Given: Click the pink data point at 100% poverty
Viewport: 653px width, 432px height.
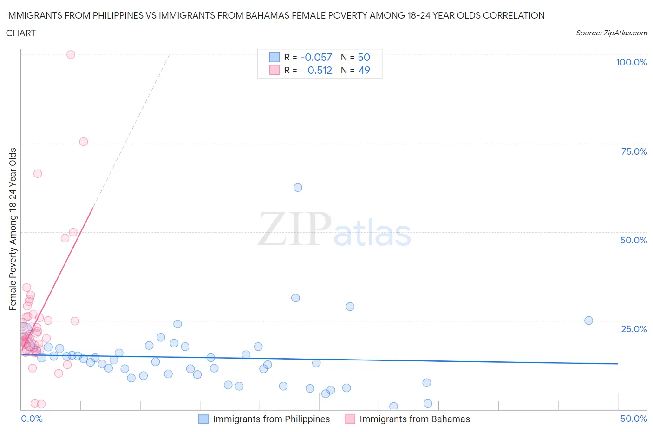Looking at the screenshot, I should click(71, 54).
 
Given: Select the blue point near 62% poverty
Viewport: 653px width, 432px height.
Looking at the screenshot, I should click(298, 188).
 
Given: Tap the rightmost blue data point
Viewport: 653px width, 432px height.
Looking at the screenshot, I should click(588, 321).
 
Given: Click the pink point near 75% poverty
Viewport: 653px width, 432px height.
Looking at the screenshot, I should click(84, 142).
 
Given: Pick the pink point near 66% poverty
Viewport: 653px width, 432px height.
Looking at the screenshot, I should click(38, 174).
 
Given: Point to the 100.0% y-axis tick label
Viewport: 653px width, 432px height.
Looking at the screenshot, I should click(631, 62).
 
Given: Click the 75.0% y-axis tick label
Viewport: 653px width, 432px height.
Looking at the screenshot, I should click(634, 151).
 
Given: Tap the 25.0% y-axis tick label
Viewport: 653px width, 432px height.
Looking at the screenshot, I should click(634, 329).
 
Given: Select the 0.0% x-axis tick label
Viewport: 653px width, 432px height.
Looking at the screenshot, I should click(32, 419).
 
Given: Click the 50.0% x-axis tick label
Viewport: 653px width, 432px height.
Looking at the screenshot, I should click(633, 419).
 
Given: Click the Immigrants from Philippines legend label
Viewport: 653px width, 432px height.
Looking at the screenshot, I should click(271, 419).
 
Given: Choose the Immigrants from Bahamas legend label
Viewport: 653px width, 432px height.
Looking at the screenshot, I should click(414, 419).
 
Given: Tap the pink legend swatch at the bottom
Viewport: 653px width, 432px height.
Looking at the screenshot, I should click(350, 419).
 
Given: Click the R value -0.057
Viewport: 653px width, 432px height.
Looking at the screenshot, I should click(316, 57).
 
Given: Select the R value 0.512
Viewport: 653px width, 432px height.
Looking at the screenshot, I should click(320, 70).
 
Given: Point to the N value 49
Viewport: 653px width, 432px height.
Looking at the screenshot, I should click(364, 70).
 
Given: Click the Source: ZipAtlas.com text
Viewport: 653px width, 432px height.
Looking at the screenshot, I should click(611, 33).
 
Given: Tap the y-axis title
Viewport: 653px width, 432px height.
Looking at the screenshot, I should click(13, 229).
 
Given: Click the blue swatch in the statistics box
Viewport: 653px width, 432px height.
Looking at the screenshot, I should click(274, 57).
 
